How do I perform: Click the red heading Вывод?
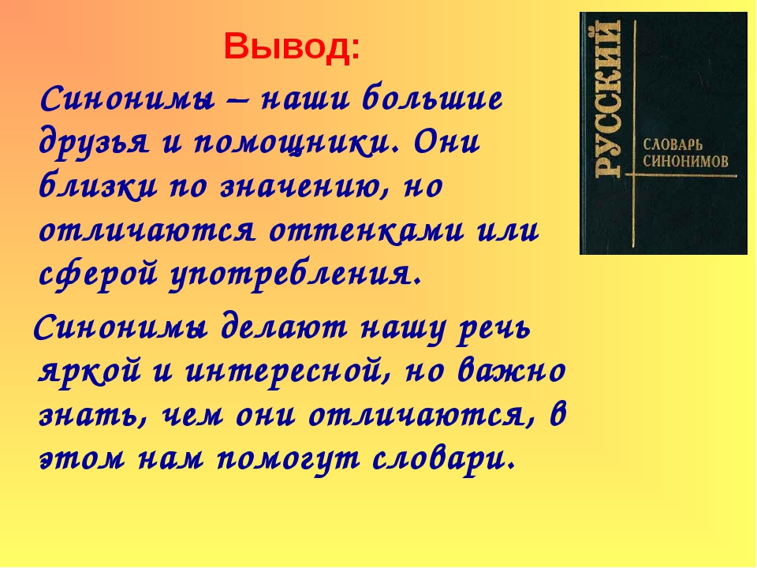pos(292,48)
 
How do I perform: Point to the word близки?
pos(98,186)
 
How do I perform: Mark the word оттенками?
pos(367,230)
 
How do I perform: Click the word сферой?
pos(99,275)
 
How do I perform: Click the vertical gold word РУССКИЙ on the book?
pos(607,99)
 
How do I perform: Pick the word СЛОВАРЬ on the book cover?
pos(673,144)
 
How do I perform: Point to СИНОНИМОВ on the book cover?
pos(685,161)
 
